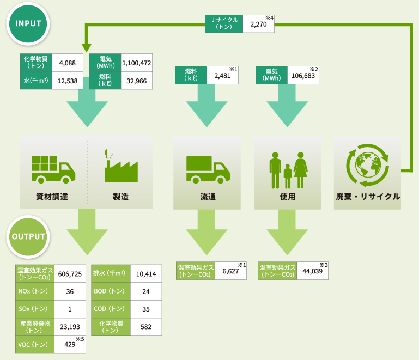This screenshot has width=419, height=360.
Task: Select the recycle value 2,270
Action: pos(258,24)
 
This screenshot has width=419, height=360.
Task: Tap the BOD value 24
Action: pos(146,291)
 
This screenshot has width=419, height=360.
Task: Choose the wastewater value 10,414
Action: pos(146,273)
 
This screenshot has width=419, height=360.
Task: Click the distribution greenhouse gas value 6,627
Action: pos(230,271)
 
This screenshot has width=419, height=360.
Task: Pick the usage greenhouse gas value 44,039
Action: pos(311,271)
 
